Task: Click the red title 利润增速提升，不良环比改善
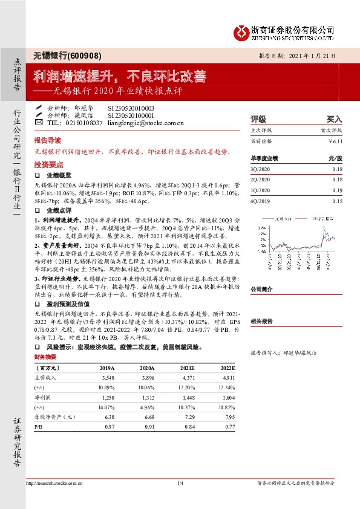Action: click(x=120, y=77)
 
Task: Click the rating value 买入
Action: click(x=335, y=119)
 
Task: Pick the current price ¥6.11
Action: click(x=336, y=141)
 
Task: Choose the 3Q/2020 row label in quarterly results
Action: click(x=260, y=169)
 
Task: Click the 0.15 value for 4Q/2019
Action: click(x=337, y=201)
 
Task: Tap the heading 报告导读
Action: click(x=48, y=139)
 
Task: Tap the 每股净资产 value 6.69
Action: click(x=145, y=417)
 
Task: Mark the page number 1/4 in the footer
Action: click(x=180, y=483)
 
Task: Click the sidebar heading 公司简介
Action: click(x=262, y=290)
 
